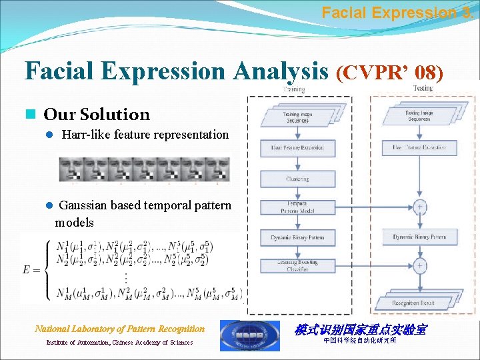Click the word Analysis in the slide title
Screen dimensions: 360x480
click(279, 71)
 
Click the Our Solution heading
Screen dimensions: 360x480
click(97, 115)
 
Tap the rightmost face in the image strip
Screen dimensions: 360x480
click(217, 169)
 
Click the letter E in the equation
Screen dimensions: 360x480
click(29, 269)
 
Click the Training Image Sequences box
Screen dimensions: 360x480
click(296, 119)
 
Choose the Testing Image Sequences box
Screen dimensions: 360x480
click(418, 116)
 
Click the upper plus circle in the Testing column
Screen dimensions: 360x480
click(419, 207)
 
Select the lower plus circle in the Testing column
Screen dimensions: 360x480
click(419, 266)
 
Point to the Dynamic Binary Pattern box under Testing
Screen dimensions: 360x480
click(419, 237)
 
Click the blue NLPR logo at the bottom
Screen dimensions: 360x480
click(250, 335)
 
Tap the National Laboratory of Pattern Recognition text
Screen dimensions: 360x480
click(120, 329)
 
